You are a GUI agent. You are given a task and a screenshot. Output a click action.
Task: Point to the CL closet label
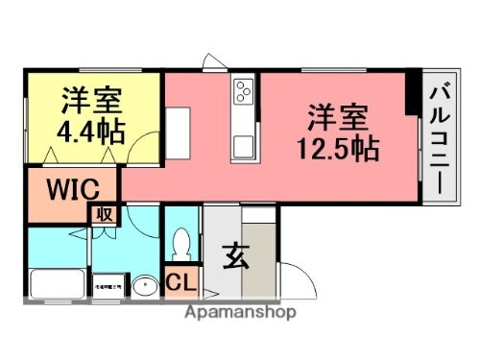[180, 283]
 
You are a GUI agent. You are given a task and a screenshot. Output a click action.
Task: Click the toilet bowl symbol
[180, 245]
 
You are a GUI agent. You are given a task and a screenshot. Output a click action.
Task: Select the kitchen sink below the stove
[242, 147]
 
